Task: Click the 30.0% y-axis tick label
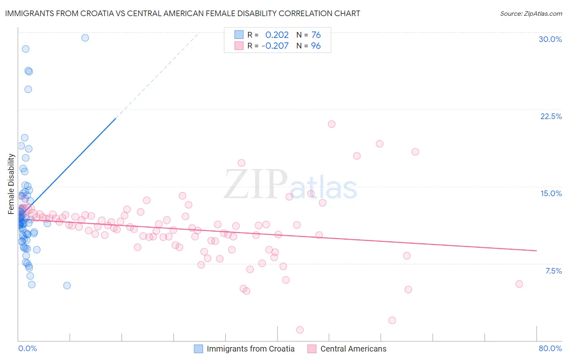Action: pos(550,39)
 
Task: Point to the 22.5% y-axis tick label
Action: pos(551,116)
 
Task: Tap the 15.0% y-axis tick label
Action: pos(551,193)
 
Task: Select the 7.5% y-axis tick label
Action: pos(553,271)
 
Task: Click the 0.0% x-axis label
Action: pos(27,348)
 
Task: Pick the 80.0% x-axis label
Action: pos(550,348)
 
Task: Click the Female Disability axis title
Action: pos(11,184)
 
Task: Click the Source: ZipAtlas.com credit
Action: pos(531,13)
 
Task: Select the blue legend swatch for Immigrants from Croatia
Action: pos(198,349)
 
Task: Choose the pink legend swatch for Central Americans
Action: pos(312,349)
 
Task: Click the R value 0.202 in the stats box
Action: pos(277,35)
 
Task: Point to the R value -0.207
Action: pos(275,46)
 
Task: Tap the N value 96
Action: pos(316,46)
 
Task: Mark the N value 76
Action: pos(316,35)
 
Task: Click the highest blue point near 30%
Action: pos(85,38)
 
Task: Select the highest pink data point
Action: pos(331,124)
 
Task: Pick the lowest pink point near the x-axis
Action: pos(300,330)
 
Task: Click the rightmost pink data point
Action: pos(519,284)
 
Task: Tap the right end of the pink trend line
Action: pos(536,251)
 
